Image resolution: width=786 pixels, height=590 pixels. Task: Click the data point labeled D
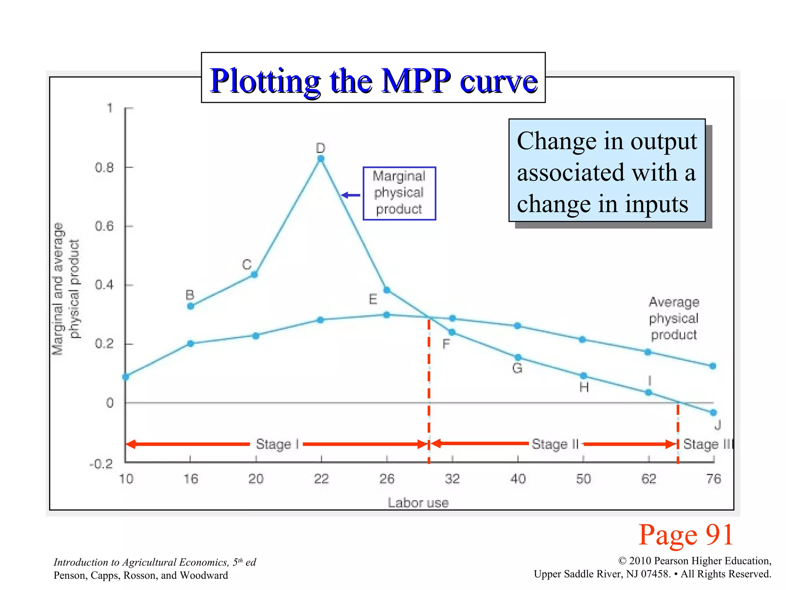321,159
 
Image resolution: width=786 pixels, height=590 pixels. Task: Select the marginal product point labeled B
191,306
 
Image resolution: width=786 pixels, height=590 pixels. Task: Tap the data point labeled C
254,274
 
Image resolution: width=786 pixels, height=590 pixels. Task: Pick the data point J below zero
713,413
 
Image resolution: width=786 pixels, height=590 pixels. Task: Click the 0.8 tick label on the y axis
104,167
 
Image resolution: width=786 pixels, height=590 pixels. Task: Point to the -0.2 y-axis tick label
101,464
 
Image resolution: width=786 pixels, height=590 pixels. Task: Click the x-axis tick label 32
452,479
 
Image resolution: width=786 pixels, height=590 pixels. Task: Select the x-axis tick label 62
649,479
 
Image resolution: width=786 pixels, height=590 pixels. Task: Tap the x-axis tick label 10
126,479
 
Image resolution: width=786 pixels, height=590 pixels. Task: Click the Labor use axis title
418,502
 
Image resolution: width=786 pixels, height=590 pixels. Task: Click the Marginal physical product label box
399,193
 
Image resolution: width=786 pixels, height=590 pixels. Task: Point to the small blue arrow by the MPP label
350,195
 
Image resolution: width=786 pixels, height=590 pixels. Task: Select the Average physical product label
674,318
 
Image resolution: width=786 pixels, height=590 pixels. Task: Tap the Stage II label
555,444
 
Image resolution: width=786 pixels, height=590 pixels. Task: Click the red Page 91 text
686,535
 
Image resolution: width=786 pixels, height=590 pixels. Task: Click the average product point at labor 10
125,377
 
